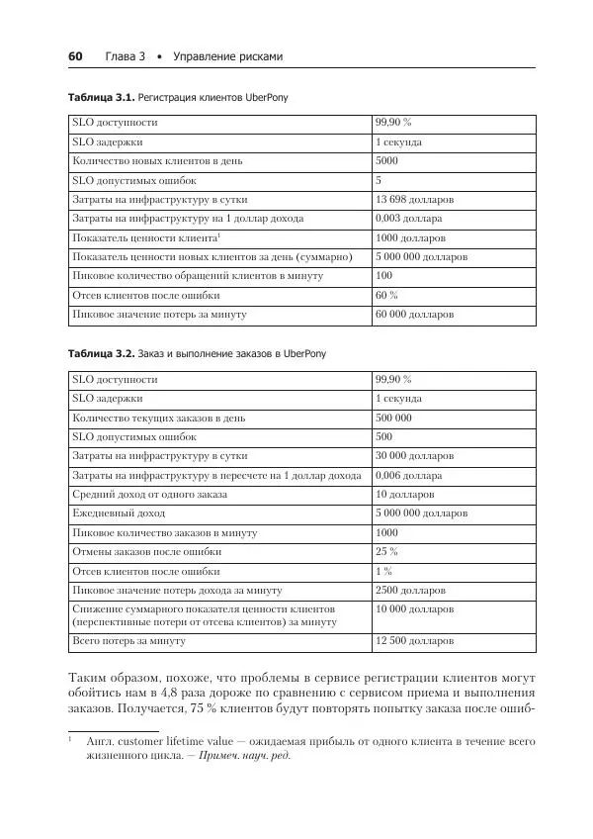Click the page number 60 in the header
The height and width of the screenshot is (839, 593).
[74, 56]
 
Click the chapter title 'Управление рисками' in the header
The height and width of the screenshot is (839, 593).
[227, 56]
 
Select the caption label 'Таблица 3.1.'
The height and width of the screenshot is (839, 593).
[101, 99]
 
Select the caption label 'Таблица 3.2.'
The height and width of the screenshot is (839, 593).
[101, 353]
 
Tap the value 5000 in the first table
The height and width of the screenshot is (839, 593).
[386, 161]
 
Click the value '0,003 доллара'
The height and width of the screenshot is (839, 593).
[408, 219]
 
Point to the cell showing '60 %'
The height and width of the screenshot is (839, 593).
[386, 295]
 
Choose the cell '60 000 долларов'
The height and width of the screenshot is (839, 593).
[414, 314]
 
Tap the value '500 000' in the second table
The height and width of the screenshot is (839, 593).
[393, 418]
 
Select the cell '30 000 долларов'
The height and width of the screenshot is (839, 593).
[414, 456]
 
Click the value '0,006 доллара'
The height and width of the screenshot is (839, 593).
[408, 475]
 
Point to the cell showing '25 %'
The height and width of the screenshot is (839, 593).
[386, 551]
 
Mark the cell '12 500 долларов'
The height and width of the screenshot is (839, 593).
[414, 641]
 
